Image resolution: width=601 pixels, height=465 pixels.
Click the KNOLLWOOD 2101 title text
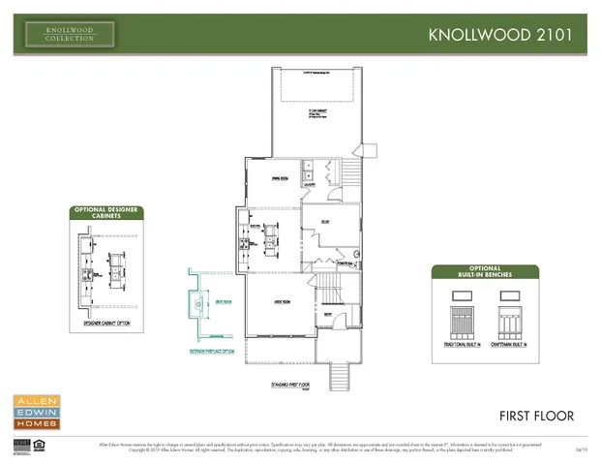tap(506, 34)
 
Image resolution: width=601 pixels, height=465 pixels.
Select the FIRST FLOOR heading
tap(536, 416)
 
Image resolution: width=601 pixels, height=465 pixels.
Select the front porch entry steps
tap(339, 373)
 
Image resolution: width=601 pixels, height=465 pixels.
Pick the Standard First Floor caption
tap(290, 385)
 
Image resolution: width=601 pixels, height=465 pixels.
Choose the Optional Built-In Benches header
tap(485, 271)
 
